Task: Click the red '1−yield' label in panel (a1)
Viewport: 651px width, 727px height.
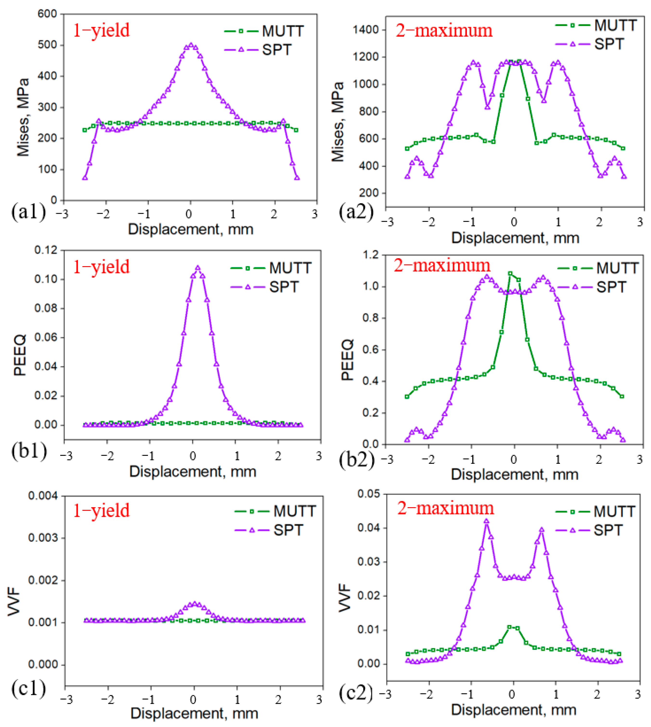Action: [101, 30]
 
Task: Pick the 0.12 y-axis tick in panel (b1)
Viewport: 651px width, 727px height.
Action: [46, 250]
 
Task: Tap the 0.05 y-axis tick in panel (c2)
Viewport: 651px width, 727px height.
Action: [368, 494]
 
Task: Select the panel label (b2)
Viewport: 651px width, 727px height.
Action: [356, 460]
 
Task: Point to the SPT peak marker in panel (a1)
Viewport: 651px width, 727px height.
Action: [191, 45]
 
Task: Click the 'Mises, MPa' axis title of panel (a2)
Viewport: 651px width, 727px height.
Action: [338, 122]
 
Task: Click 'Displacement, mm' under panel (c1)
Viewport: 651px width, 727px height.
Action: [194, 714]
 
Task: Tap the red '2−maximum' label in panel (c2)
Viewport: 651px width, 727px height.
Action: [445, 508]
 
